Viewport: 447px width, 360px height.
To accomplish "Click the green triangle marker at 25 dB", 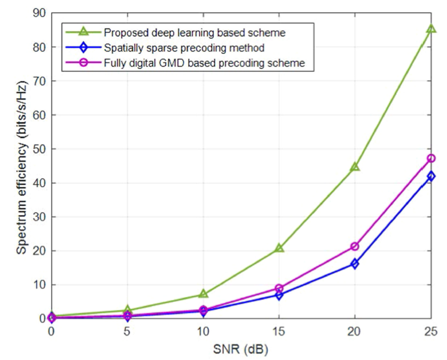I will coord(430,29).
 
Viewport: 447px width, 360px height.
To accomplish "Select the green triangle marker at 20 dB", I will coord(355,167).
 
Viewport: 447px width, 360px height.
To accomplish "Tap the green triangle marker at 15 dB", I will coord(279,247).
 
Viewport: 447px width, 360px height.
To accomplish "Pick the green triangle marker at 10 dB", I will coord(203,294).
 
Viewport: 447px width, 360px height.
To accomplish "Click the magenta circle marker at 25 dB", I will coord(430,158).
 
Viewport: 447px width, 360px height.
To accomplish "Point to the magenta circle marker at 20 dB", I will coord(355,246).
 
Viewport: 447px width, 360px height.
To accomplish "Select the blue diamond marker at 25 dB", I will coord(430,176).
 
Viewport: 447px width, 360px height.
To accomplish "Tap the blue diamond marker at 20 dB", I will coord(355,264).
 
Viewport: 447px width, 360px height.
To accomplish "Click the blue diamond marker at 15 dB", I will coord(279,295).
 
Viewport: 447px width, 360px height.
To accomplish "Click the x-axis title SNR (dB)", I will coord(240,347).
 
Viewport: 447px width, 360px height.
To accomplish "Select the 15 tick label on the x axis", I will coord(279,330).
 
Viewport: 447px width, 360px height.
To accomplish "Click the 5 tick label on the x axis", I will coord(127,330).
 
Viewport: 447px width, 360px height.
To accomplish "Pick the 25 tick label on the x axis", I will coord(430,330).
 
